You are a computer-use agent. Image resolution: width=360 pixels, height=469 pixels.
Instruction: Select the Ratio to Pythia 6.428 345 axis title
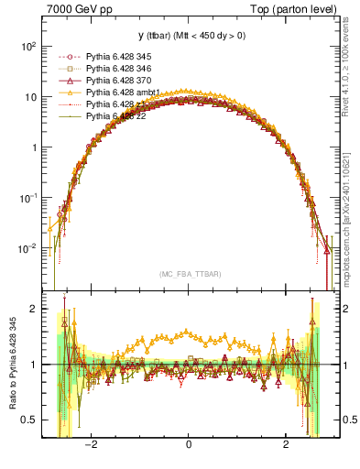[13, 362]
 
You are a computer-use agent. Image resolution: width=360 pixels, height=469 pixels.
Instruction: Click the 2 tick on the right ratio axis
[341, 309]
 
